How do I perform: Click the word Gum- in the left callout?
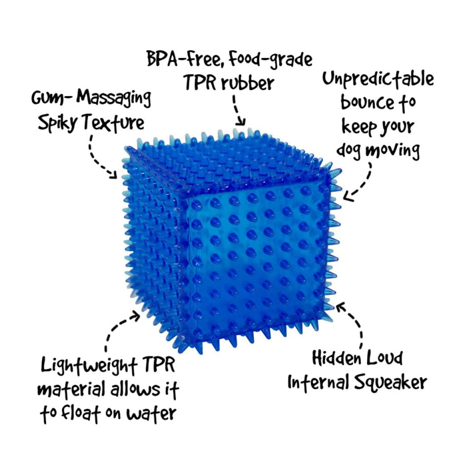coord(49,99)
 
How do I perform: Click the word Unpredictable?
coord(378,80)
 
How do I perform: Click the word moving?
coord(395,150)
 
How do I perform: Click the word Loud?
coord(386,358)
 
